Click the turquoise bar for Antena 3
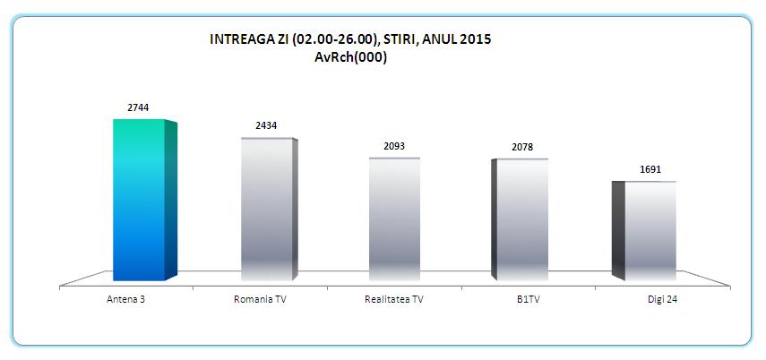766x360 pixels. pos(139,201)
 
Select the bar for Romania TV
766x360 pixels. pos(266,210)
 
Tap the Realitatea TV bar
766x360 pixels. pos(394,219)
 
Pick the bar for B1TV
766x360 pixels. pos(522,220)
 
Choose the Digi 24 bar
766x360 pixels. pos(650,230)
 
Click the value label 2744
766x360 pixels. pos(138,107)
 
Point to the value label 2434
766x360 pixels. pos(266,126)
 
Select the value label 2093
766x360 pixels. pos(394,145)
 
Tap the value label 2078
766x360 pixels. pos(522,147)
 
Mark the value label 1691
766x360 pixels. pos(650,168)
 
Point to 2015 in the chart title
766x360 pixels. pos(476,39)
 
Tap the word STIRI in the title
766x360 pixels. pos(403,39)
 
